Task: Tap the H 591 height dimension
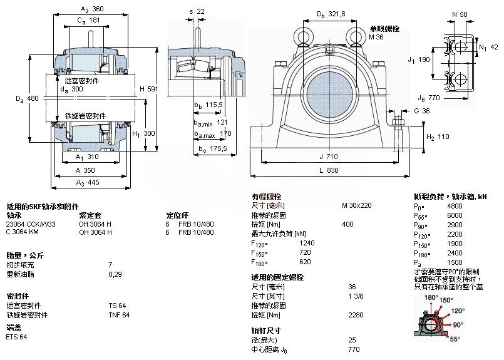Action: pyautogui.click(x=148, y=90)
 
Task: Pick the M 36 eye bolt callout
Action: pyautogui.click(x=376, y=38)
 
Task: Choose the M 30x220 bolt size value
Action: pyautogui.click(x=356, y=205)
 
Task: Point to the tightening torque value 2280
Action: pyautogui.click(x=356, y=315)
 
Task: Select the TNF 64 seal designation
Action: pyautogui.click(x=119, y=315)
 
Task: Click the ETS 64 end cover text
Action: pyautogui.click(x=16, y=337)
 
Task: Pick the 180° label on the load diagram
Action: pyautogui.click(x=430, y=298)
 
